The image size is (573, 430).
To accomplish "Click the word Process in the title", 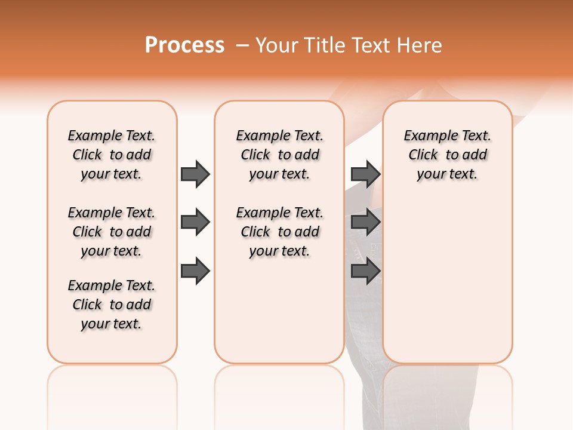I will click(x=184, y=45).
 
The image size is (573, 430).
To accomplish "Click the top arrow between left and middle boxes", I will click(x=195, y=174).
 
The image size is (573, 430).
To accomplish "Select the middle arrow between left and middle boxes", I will click(x=195, y=223).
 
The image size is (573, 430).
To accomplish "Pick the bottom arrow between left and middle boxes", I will click(x=195, y=271).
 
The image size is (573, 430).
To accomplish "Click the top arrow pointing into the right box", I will click(x=365, y=174).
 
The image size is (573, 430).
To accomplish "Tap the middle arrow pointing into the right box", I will click(x=365, y=223).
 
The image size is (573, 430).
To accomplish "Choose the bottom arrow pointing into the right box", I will click(x=365, y=271).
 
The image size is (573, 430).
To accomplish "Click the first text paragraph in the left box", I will click(x=112, y=155).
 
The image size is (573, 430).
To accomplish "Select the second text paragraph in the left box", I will click(x=112, y=232).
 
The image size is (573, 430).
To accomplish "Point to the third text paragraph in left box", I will click(x=112, y=305).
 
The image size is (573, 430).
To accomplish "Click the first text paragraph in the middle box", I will click(x=279, y=155).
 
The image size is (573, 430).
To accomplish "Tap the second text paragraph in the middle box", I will click(x=279, y=232).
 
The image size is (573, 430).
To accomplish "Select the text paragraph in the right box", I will click(x=447, y=155).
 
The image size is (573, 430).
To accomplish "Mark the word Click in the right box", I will click(x=423, y=155).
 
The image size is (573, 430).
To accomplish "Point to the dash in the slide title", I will click(x=242, y=45).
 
